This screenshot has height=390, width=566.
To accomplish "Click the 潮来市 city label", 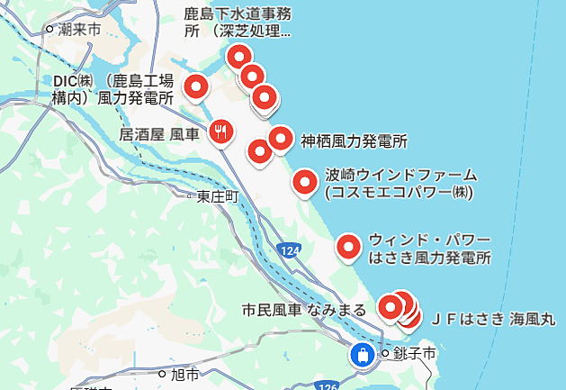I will click(78, 31).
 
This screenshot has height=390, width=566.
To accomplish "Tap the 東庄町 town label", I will click(218, 195).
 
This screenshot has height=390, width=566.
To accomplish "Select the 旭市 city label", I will click(184, 373).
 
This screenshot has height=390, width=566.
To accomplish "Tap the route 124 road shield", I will click(289, 249).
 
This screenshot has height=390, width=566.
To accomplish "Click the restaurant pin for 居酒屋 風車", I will click(221, 132).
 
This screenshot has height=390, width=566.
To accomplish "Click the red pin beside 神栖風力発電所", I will click(282, 139).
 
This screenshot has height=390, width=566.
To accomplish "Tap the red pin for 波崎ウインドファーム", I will click(306, 183).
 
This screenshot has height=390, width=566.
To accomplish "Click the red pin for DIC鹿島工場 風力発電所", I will click(196, 87).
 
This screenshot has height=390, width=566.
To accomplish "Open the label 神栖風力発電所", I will click(354, 141).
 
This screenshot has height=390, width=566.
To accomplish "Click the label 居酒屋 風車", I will click(159, 133).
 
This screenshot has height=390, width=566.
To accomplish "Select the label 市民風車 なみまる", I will click(304, 310).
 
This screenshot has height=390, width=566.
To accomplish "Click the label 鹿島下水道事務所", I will click(238, 23).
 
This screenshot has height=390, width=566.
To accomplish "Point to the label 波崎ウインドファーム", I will click(400, 183).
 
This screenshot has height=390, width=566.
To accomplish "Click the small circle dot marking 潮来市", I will click(50, 31).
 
